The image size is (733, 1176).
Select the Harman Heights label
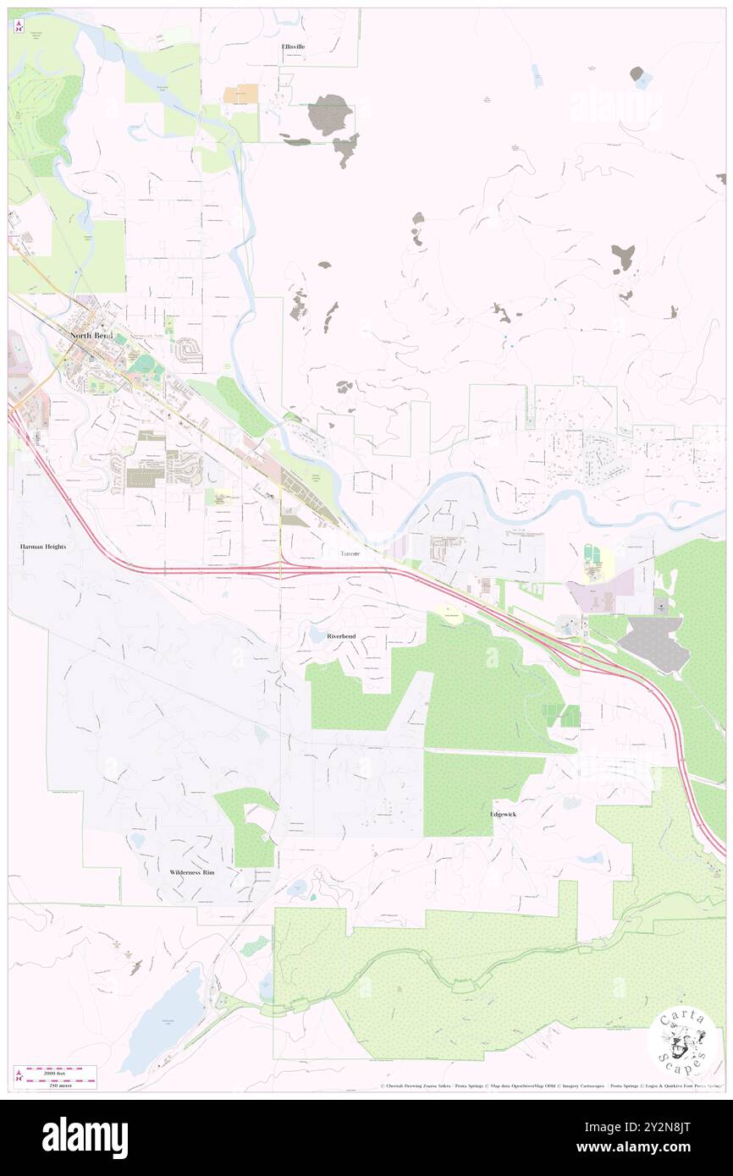point(43,547)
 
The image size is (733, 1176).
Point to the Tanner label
point(350,553)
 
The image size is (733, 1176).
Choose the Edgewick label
point(503,814)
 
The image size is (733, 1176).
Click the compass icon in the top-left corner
point(19,26)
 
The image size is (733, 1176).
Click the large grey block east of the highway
point(650,643)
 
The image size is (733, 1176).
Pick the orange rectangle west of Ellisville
point(241,95)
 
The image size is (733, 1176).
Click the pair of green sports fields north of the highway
point(598,558)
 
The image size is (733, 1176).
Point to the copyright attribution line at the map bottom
point(550,1085)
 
